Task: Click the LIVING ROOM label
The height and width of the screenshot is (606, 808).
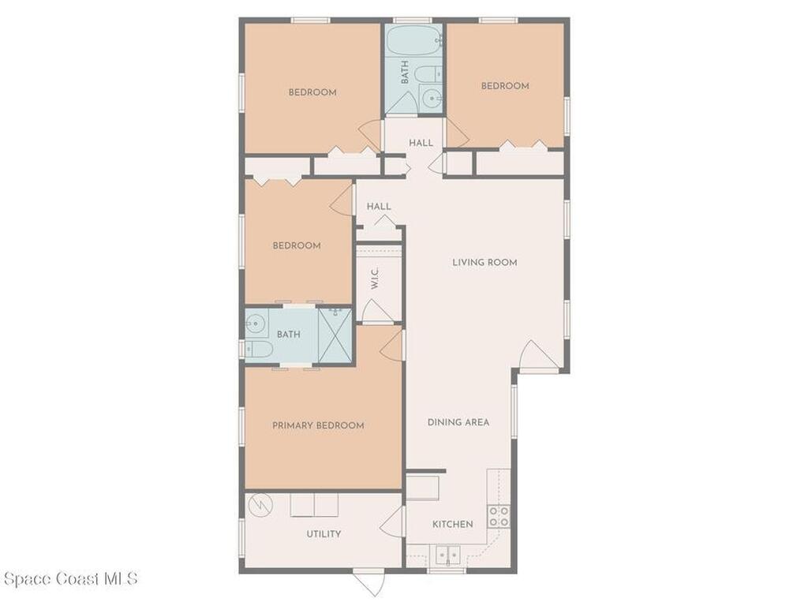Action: tap(484, 262)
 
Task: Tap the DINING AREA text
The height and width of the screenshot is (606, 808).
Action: tap(458, 422)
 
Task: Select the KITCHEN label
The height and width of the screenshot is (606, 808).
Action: tap(452, 524)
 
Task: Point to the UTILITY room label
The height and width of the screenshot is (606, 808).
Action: tap(324, 534)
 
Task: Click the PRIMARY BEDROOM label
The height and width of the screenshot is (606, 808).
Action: tap(318, 425)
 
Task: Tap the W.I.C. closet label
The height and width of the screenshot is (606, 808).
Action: tap(375, 278)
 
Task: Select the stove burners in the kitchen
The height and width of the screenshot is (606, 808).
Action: tap(499, 516)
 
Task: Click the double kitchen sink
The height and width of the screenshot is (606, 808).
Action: tap(448, 555)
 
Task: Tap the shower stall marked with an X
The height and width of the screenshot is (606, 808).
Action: tap(335, 335)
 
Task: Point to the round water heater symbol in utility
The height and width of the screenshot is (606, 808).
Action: tap(259, 506)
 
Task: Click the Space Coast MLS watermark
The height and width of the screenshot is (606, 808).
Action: tap(70, 578)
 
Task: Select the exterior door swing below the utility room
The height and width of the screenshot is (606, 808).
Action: tap(369, 583)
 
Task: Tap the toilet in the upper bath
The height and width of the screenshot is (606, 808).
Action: tap(428, 73)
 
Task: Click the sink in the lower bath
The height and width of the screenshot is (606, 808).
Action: tap(256, 324)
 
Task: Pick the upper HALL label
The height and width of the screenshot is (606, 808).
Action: tap(421, 143)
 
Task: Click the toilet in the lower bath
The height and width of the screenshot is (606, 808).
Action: tap(259, 350)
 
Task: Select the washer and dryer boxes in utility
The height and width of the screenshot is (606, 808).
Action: tap(314, 505)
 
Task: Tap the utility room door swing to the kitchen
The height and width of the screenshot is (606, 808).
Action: tap(391, 522)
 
